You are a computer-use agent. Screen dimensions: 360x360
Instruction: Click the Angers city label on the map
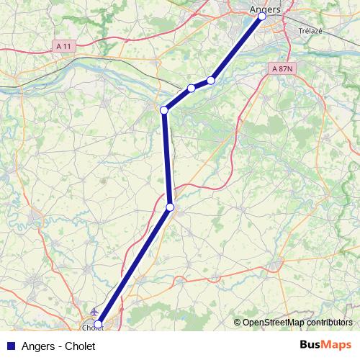[x=265, y=9]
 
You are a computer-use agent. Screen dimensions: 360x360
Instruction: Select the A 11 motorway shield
[x=64, y=45]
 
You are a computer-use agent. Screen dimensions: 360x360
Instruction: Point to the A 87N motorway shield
[x=284, y=68]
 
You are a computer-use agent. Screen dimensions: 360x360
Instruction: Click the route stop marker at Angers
[x=261, y=16]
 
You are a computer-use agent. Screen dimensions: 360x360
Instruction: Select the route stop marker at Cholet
[x=98, y=324]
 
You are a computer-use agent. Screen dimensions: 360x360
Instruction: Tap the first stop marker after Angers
[x=211, y=80]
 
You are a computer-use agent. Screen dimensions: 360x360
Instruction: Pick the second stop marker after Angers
[x=192, y=88]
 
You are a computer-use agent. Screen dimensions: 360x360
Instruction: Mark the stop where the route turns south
[x=164, y=109]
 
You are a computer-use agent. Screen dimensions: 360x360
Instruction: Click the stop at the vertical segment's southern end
[x=170, y=207]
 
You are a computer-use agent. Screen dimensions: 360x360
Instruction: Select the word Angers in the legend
[x=35, y=346]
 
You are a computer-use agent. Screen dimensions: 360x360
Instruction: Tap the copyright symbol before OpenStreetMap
[x=237, y=323]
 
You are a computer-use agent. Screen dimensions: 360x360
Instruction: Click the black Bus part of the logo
[x=312, y=345]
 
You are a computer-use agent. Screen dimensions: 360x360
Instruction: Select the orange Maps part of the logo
[x=338, y=345]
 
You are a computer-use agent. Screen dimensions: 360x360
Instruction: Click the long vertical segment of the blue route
[x=167, y=158]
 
